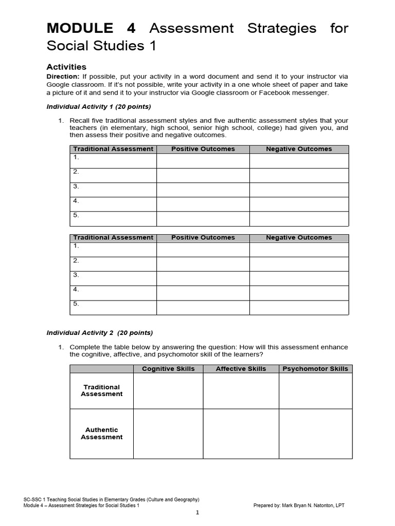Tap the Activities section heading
pyautogui.click(x=66, y=67)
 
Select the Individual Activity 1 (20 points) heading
pyautogui.click(x=99, y=107)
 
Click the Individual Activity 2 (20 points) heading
pyautogui.click(x=100, y=332)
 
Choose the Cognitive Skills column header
pyautogui.click(x=168, y=369)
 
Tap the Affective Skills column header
pyautogui.click(x=241, y=369)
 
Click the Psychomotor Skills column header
pyautogui.click(x=315, y=369)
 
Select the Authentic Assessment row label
pyautogui.click(x=101, y=434)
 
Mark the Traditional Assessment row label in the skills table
pyautogui.click(x=101, y=390)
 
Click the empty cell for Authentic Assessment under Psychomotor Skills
pyautogui.click(x=315, y=434)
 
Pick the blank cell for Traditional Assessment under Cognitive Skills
pyautogui.click(x=168, y=391)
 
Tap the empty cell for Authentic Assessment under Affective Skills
pyautogui.click(x=241, y=434)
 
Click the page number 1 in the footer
pyautogui.click(x=197, y=513)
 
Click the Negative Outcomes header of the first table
pyautogui.click(x=299, y=149)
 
